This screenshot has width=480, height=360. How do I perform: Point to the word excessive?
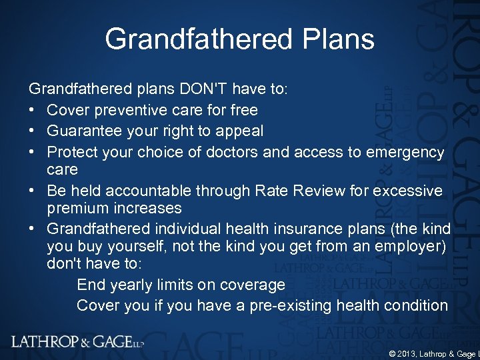coord(409,191)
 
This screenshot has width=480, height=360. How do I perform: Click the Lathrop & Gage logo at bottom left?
coord(77,342)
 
